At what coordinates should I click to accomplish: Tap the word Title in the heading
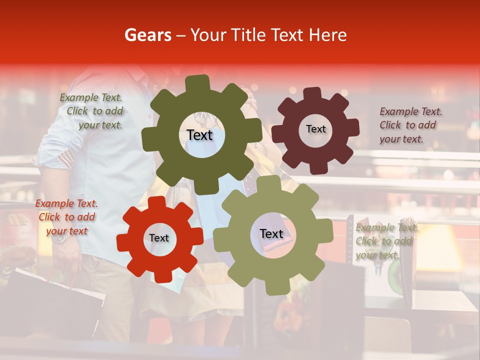[250, 35]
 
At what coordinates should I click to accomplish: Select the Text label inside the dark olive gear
[199, 135]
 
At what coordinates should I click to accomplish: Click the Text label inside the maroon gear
[315, 129]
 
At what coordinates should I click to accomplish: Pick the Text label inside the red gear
[159, 238]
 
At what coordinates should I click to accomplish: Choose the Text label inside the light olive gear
[271, 233]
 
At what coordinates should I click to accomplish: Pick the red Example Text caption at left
[66, 217]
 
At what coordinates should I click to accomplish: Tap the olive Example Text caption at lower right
[384, 241]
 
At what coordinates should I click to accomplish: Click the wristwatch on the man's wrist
[60, 237]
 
